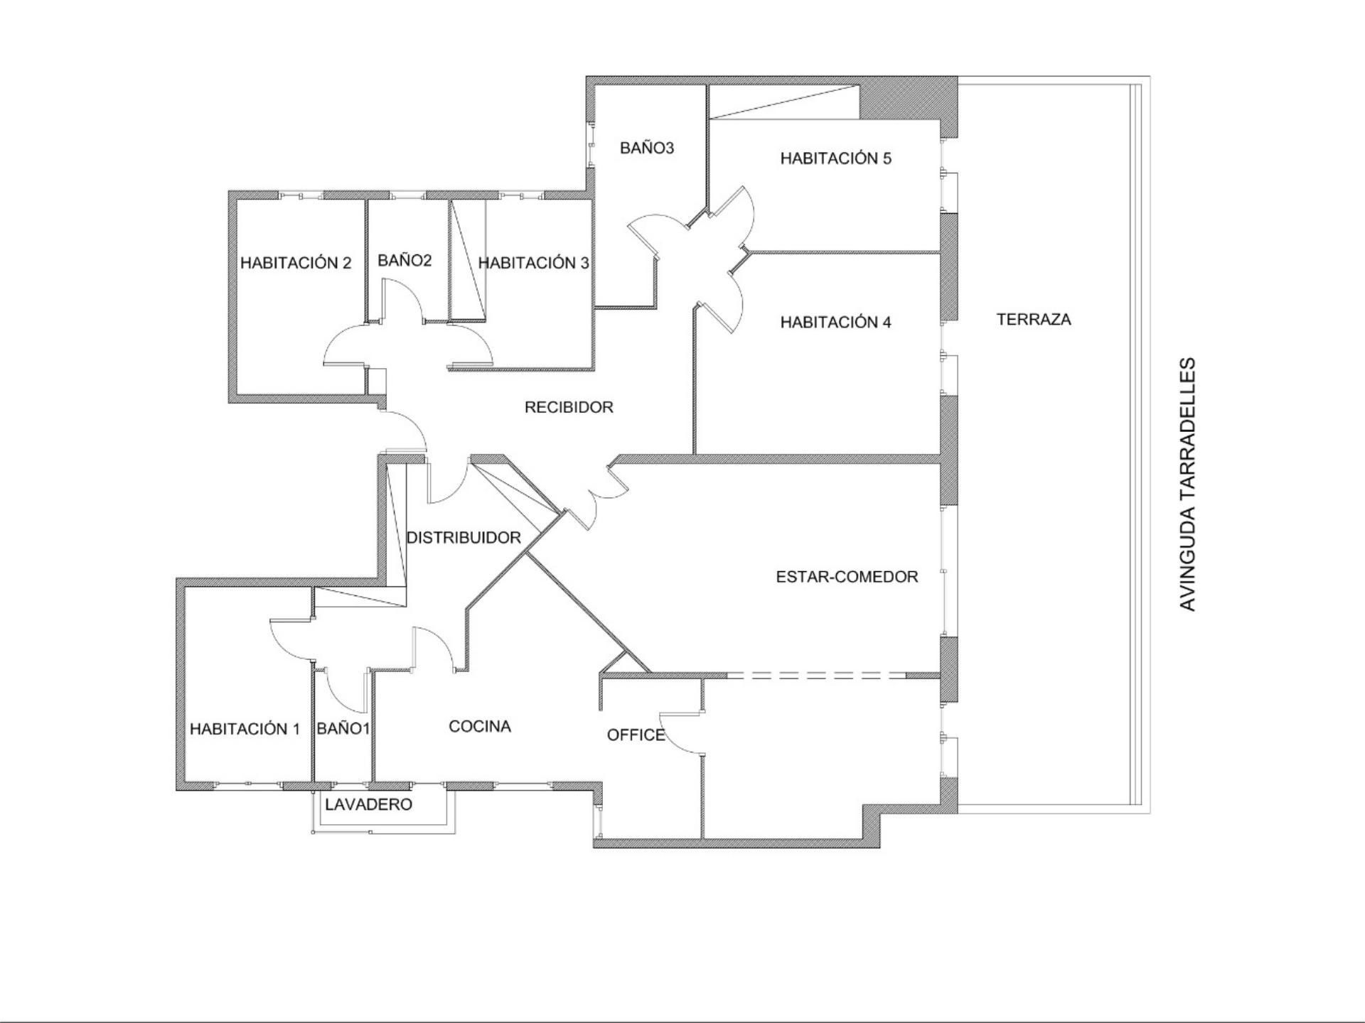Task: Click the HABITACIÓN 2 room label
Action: click(296, 263)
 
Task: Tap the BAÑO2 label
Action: click(405, 260)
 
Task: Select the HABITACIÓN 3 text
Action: click(533, 263)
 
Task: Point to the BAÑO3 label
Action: click(647, 148)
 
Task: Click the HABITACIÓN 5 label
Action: click(836, 158)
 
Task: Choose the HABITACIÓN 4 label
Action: click(836, 322)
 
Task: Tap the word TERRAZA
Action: click(1034, 320)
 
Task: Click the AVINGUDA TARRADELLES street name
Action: click(1188, 484)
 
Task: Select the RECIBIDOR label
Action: click(569, 407)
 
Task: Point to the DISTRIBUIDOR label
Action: click(464, 538)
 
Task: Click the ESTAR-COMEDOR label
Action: click(847, 577)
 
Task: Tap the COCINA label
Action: click(480, 726)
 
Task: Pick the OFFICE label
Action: click(636, 735)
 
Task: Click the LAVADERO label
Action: click(368, 804)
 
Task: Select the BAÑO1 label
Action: click(343, 728)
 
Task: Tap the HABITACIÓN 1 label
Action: click(245, 728)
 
